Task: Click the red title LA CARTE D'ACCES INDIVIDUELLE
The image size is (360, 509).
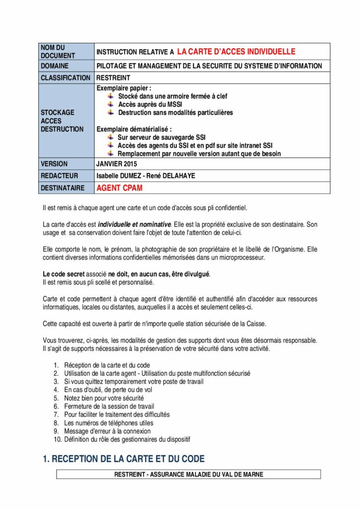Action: click(x=236, y=51)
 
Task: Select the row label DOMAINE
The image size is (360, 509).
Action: click(x=55, y=66)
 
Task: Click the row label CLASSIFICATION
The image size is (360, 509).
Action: click(x=65, y=78)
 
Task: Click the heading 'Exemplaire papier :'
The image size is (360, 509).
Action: click(x=123, y=88)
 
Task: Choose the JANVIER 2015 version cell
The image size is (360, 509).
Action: click(x=117, y=164)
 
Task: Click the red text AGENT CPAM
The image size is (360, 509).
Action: click(x=116, y=188)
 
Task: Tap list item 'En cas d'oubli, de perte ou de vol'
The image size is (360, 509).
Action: click(x=108, y=390)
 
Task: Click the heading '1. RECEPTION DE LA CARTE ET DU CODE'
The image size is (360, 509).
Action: click(x=124, y=459)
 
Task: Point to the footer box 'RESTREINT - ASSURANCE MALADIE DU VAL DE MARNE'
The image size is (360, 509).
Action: click(x=188, y=475)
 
